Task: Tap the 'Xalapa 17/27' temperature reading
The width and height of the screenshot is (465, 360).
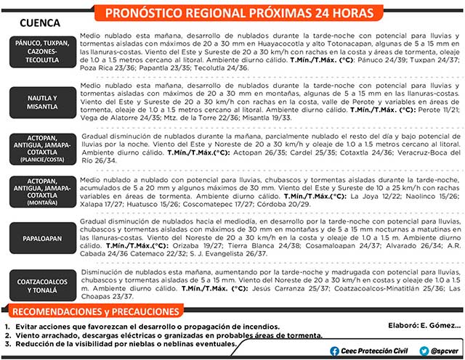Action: click(104, 203)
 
